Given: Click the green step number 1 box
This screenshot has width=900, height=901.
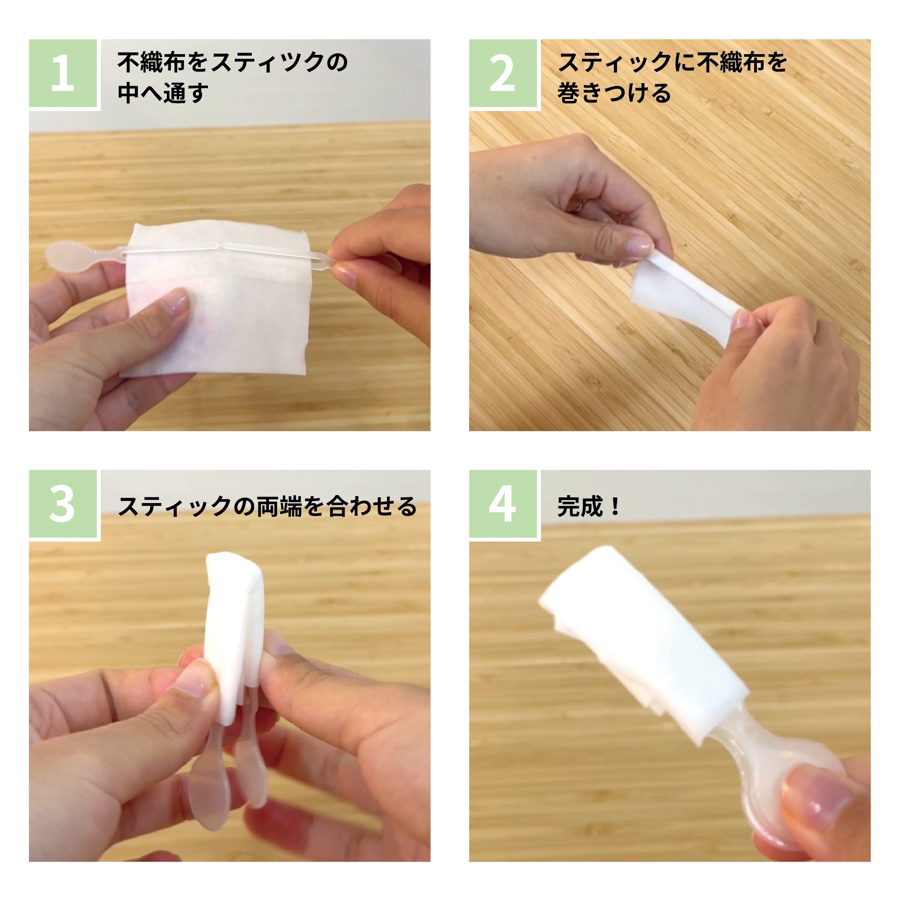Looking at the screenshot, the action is point(63,73).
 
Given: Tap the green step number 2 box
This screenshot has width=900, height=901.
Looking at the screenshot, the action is point(503,73).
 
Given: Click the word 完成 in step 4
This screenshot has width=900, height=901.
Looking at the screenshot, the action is point(580,507).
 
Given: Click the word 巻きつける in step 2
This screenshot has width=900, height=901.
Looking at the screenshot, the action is point(614,93).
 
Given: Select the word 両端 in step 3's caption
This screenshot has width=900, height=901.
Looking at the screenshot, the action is point(278,507).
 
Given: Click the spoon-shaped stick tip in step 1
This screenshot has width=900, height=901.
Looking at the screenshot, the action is point(63,256).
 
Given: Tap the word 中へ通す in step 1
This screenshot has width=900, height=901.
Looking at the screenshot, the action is point(163,93).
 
